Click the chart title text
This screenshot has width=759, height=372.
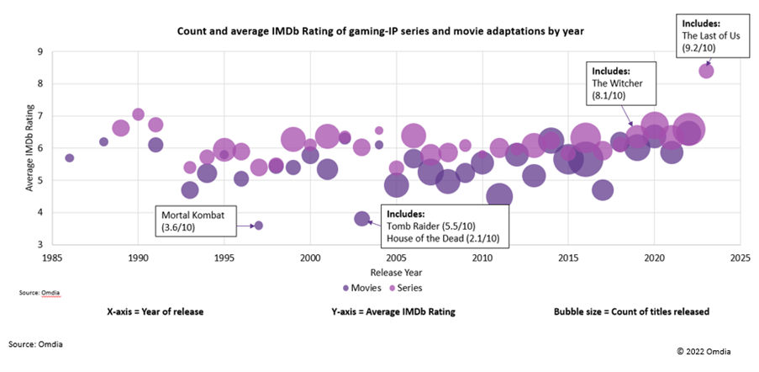[x=380, y=31]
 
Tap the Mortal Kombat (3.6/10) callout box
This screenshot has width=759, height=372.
[x=199, y=220]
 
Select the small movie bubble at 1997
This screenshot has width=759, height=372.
[x=258, y=226]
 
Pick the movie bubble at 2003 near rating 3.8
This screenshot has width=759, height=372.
[x=362, y=219]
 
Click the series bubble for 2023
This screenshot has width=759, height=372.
[x=706, y=71]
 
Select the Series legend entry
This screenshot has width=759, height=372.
[x=405, y=288]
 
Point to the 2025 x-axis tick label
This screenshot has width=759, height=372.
[x=740, y=257]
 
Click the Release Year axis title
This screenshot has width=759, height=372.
[x=396, y=272]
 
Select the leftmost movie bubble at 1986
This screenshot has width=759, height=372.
[x=70, y=158]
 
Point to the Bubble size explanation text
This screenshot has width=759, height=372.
[x=631, y=311]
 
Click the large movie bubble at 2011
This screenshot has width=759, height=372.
[x=499, y=197]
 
